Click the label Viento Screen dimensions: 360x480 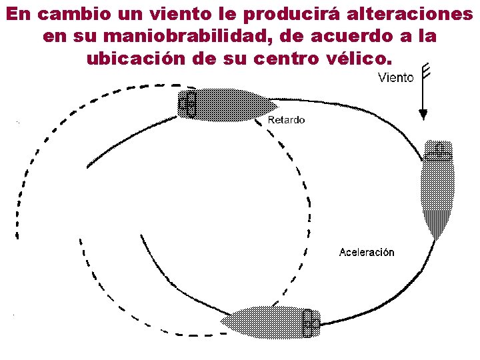tap(395, 78)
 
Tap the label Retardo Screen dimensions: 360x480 tap(286, 120)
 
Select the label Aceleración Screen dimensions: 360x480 tap(366, 252)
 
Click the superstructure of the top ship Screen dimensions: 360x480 tap(188, 104)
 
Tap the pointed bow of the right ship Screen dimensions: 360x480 tap(437, 235)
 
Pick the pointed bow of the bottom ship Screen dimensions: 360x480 tap(227, 321)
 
